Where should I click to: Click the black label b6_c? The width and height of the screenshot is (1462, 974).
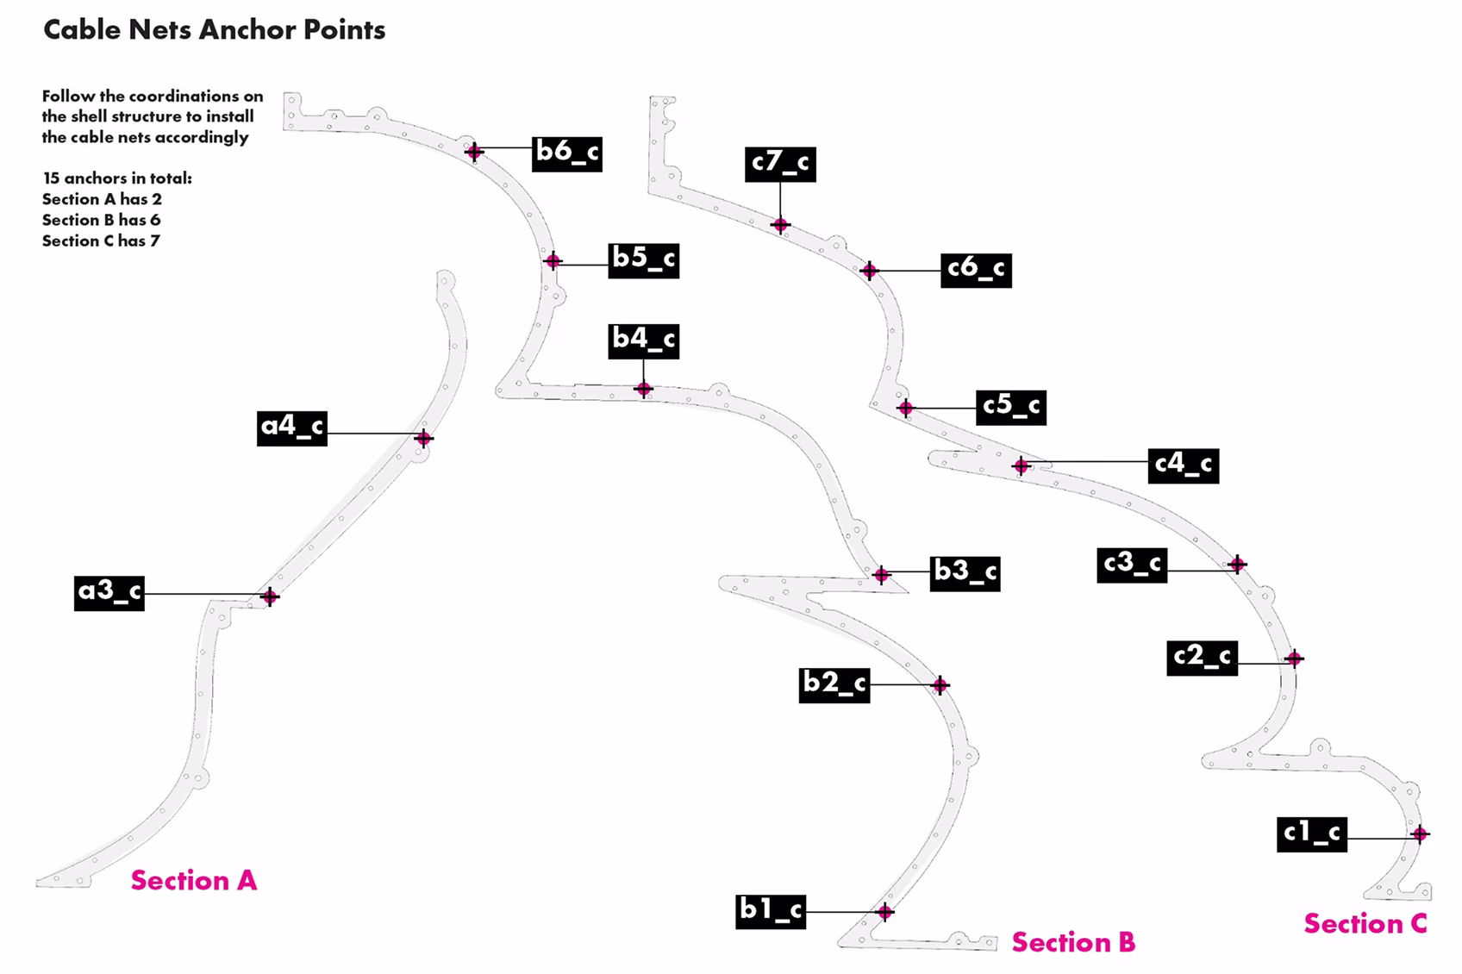click(566, 154)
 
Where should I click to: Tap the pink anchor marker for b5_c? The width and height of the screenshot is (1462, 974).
click(553, 261)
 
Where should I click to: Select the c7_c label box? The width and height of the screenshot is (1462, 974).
click(780, 165)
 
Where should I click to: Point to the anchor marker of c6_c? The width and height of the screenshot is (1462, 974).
click(869, 271)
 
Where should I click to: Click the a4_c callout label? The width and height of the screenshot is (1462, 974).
click(291, 428)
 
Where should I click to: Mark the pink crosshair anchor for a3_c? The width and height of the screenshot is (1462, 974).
click(270, 596)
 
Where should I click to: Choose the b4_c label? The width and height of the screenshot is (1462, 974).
click(644, 341)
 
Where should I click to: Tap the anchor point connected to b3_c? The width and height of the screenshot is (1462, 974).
click(881, 575)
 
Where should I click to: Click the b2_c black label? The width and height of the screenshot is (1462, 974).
click(834, 685)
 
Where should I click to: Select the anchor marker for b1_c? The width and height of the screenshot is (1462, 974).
click(884, 912)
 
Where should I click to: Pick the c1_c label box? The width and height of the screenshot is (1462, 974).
click(1312, 834)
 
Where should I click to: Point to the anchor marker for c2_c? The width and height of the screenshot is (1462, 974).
click(1294, 658)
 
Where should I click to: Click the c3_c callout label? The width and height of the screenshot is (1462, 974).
click(1132, 565)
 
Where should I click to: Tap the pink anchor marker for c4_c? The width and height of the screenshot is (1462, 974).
click(1021, 466)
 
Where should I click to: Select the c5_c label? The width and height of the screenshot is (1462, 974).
click(1011, 408)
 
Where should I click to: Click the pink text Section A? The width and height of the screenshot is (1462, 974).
click(194, 881)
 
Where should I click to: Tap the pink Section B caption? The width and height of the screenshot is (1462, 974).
click(1074, 942)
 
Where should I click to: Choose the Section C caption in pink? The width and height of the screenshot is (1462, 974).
click(1365, 924)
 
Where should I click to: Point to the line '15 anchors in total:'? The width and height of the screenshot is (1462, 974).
click(117, 178)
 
